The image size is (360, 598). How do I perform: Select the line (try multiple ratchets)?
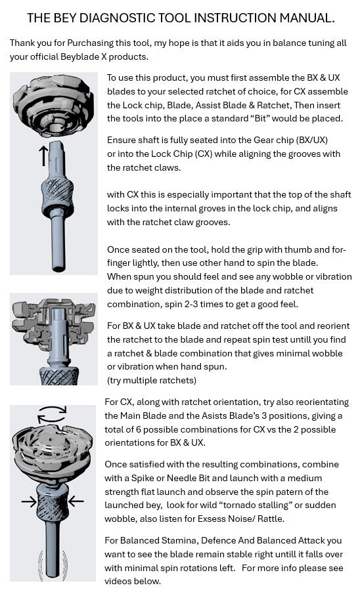152,380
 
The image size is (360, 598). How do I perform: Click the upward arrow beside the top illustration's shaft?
44,157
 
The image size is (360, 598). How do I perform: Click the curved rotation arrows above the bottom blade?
53,413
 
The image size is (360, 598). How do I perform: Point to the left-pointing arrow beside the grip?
76,502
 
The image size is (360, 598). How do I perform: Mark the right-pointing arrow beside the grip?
30,502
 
